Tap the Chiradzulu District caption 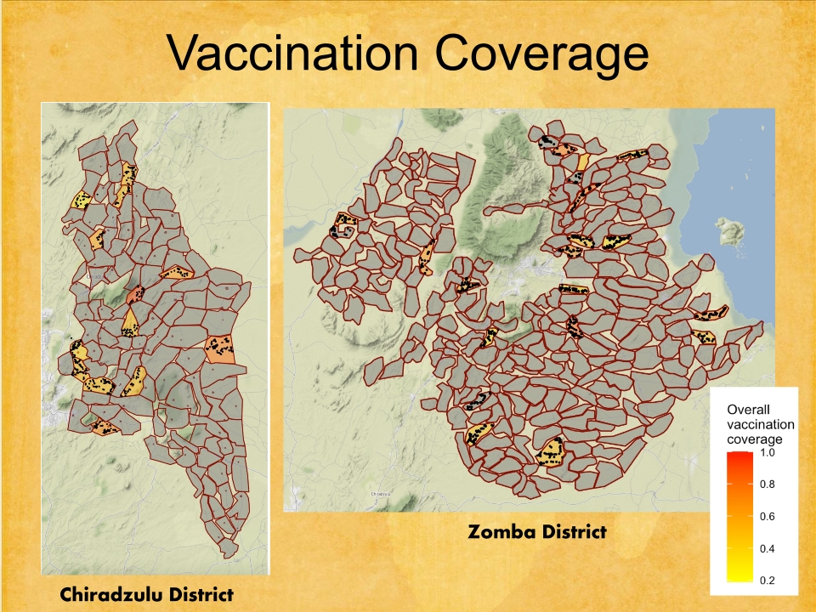[146, 594]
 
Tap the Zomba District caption [537, 533]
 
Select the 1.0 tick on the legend [767, 452]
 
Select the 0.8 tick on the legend [767, 484]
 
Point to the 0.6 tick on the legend [767, 517]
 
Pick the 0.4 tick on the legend [767, 549]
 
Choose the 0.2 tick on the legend [767, 581]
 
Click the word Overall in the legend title [748, 410]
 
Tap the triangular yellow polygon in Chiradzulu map [130, 322]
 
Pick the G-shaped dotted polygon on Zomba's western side [348, 225]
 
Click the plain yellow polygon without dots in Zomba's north [583, 161]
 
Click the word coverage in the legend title [755, 439]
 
